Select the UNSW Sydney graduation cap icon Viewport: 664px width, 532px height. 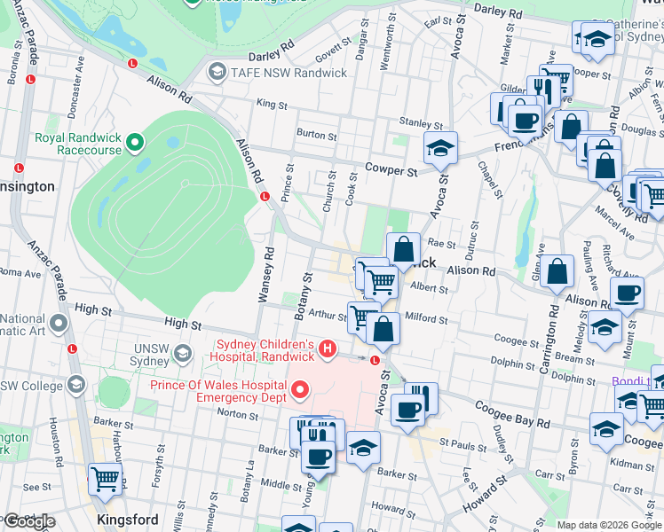[x=182, y=354]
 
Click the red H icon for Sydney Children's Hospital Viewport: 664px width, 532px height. [x=328, y=349]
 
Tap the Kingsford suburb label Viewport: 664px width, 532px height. [x=129, y=520]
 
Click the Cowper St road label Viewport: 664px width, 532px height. [x=391, y=169]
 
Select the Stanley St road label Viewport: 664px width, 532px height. [x=420, y=123]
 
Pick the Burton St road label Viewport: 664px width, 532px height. [x=316, y=137]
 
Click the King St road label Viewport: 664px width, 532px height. [x=272, y=105]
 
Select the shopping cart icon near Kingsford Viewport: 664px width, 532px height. [x=105, y=478]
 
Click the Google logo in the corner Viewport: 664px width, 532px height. [x=28, y=521]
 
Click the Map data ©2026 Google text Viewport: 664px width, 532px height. [x=609, y=525]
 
